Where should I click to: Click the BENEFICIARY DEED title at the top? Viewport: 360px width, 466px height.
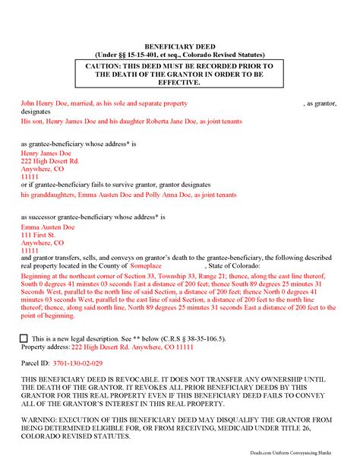click(x=179, y=46)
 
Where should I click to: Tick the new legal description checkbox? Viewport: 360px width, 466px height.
click(x=25, y=338)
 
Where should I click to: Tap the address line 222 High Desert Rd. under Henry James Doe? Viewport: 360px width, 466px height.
click(x=50, y=161)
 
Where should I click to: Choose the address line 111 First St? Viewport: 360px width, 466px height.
click(x=38, y=235)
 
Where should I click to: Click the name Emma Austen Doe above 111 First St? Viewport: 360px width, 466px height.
click(x=46, y=227)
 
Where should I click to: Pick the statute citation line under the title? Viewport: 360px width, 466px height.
click(x=179, y=55)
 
